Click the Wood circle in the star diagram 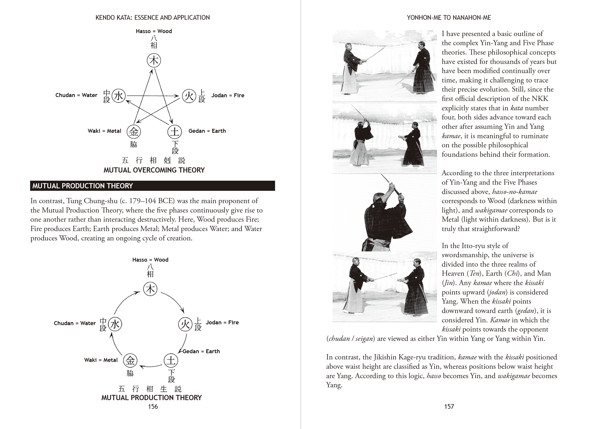pyautogui.click(x=154, y=60)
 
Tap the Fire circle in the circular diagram pyautogui.click(x=185, y=324)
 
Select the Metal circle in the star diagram pyautogui.click(x=134, y=132)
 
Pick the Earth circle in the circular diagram pyautogui.click(x=171, y=361)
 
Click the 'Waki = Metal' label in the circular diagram pyautogui.click(x=101, y=360)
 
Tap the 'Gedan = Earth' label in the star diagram pyautogui.click(x=207, y=131)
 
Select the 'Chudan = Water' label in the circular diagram pyautogui.click(x=75, y=323)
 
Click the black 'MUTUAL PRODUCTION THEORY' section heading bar pyautogui.click(x=153, y=186)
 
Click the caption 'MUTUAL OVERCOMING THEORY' pyautogui.click(x=154, y=170)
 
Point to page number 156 pyautogui.click(x=153, y=407)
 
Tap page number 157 pyautogui.click(x=449, y=407)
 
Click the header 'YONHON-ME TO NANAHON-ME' pyautogui.click(x=449, y=18)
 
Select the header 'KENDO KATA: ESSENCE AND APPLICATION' pyautogui.click(x=153, y=18)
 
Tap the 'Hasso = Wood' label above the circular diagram pyautogui.click(x=150, y=260)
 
